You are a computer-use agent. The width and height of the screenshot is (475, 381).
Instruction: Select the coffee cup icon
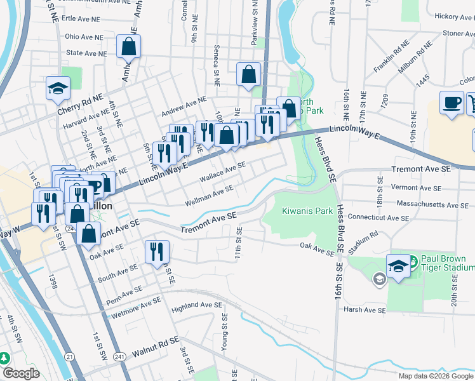452,104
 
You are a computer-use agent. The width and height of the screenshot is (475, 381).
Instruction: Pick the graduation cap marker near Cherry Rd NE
58,88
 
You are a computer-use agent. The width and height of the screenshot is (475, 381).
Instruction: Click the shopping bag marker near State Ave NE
128,47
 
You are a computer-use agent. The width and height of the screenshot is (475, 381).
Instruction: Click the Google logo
20,373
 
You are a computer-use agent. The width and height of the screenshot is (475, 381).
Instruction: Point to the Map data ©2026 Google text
436,376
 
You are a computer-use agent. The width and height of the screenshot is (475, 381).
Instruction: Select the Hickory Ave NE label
452,17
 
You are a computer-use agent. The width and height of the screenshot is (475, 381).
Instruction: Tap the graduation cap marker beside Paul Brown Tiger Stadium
398,264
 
